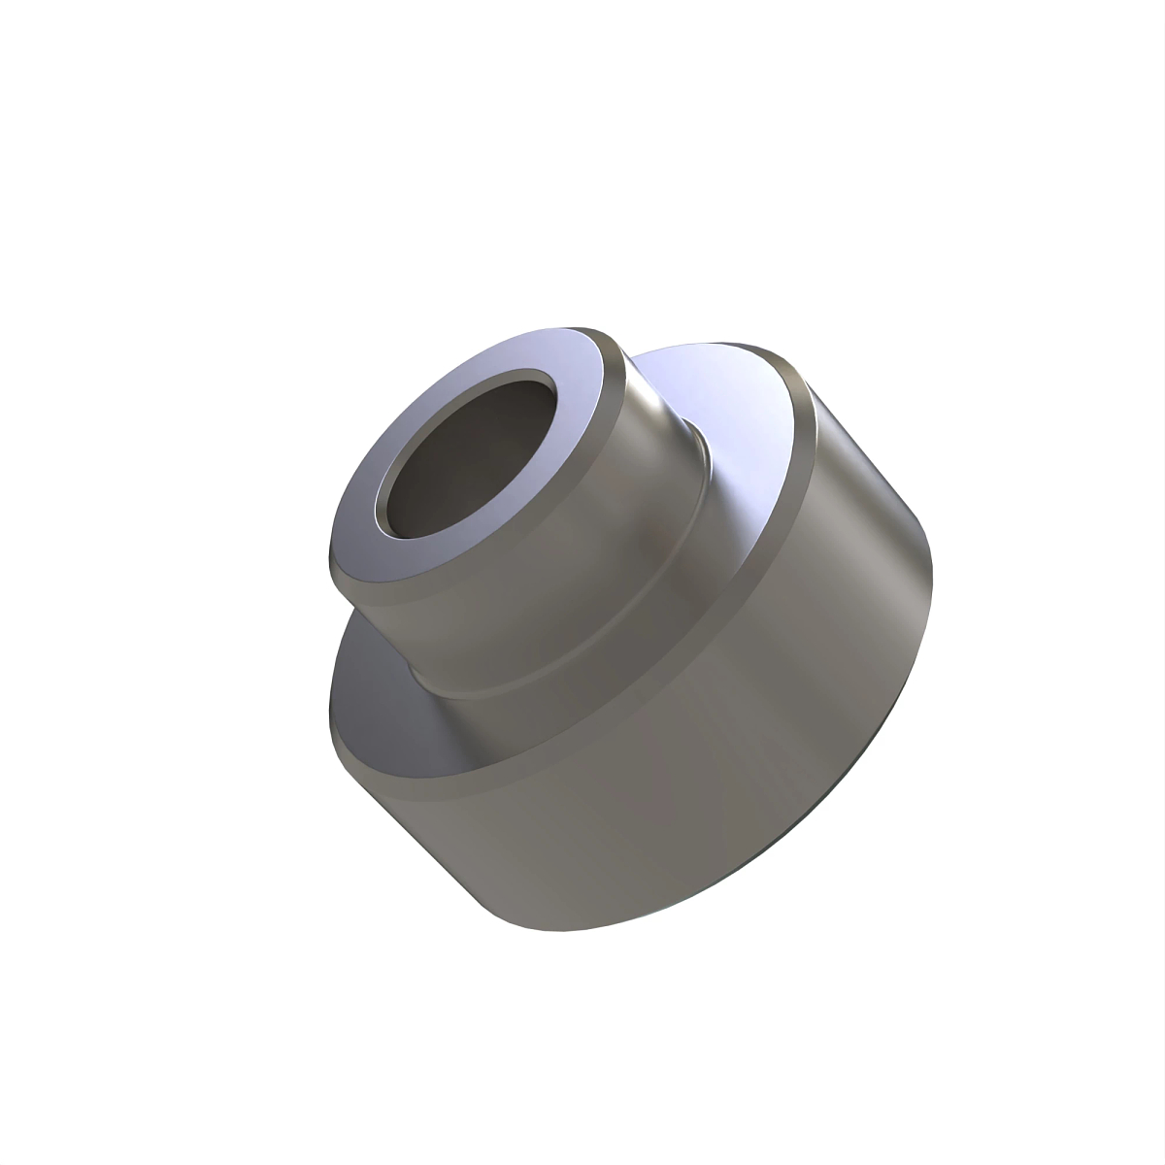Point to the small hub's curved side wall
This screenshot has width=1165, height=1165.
544,573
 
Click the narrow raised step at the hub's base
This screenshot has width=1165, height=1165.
621,621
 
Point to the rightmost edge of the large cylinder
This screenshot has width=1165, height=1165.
932,582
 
